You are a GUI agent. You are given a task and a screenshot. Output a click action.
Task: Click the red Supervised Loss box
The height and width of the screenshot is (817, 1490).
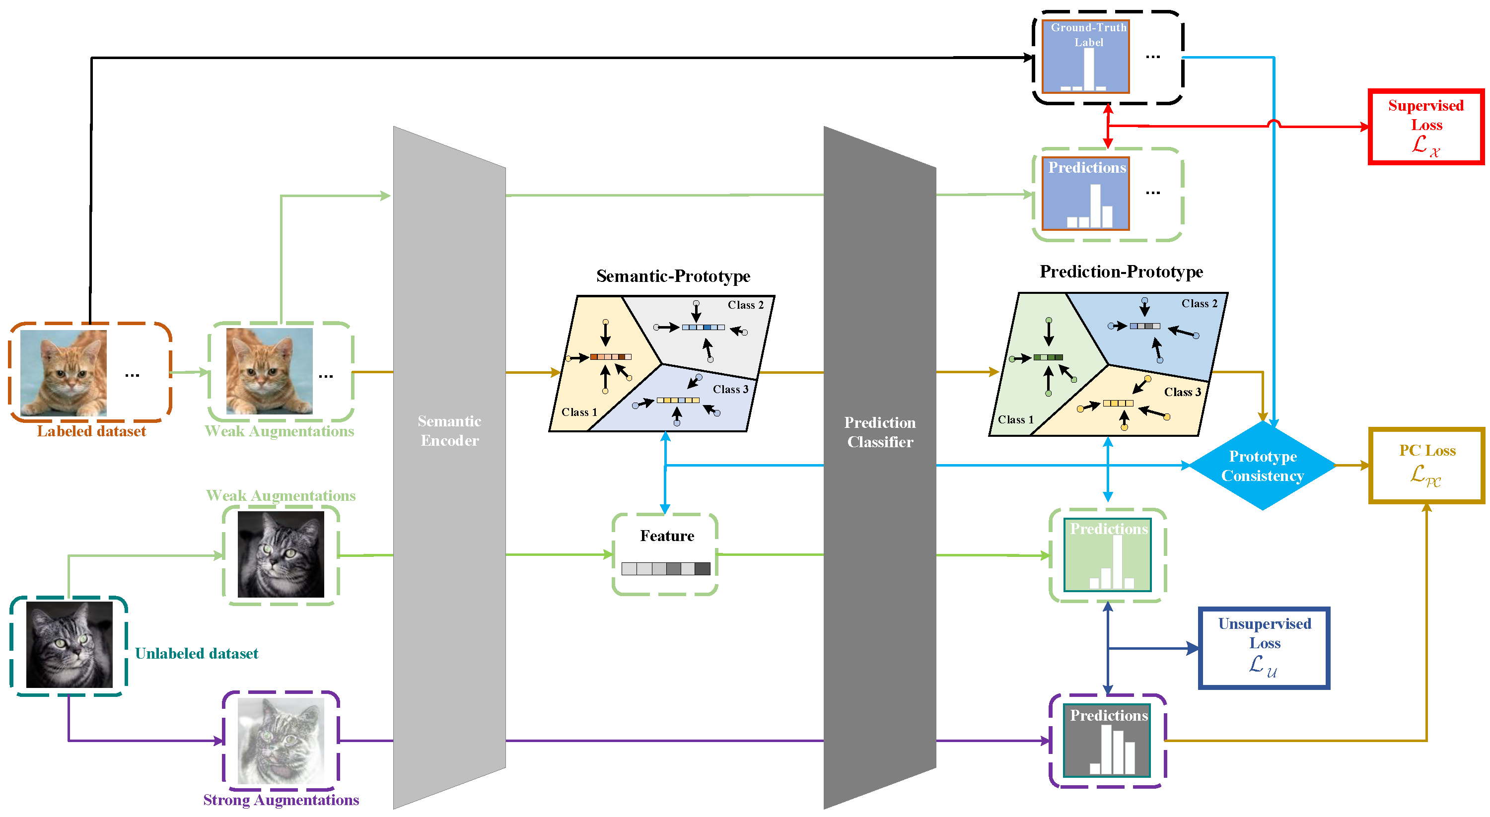[1426, 127]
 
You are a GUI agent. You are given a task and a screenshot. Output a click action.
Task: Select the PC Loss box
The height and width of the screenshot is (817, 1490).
[1426, 466]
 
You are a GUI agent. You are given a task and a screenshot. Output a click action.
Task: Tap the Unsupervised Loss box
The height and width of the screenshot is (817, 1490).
[1264, 648]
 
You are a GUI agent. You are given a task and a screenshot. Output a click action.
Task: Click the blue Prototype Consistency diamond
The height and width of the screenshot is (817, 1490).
[1262, 466]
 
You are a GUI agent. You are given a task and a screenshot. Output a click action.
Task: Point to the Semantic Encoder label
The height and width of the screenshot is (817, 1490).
[449, 431]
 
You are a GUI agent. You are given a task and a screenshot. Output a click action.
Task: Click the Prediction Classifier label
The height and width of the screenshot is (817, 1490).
[880, 432]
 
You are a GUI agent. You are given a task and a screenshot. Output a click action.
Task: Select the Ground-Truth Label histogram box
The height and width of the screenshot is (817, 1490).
[1085, 57]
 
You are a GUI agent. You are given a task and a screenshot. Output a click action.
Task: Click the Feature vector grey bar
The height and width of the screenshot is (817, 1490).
[666, 568]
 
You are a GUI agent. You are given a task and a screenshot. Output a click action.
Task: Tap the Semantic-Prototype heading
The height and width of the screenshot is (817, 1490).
[673, 276]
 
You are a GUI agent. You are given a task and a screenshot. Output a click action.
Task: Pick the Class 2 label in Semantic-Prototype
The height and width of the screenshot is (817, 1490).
[745, 305]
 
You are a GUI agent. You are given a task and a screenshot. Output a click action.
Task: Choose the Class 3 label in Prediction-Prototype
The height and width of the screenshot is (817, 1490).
[1182, 392]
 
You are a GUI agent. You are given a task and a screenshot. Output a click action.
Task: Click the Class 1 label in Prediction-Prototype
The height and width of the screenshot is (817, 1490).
[1015, 420]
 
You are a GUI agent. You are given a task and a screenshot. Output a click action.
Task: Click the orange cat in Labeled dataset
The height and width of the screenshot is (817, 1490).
[64, 373]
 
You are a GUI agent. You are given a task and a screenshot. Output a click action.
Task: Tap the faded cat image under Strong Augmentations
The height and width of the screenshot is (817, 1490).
[281, 741]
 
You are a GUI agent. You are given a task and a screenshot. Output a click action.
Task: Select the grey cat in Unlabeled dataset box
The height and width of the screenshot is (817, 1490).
[70, 645]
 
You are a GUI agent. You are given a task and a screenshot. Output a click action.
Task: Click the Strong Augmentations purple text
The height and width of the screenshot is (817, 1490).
[281, 800]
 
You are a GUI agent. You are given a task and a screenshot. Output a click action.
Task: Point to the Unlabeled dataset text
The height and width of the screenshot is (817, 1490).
[196, 653]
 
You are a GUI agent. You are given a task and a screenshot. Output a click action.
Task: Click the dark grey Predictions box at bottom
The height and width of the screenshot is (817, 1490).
[1107, 741]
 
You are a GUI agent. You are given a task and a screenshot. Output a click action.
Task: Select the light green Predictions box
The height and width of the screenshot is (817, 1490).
[1107, 555]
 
